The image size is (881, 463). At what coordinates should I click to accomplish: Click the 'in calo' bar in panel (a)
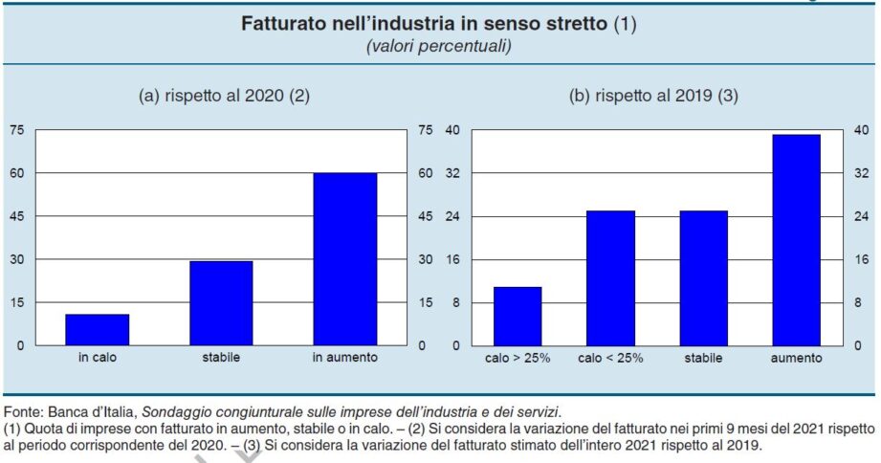(x=97, y=329)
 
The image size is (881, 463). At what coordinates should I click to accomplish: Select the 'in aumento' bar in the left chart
(x=344, y=259)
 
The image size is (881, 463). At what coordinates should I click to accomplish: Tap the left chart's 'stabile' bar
(x=221, y=303)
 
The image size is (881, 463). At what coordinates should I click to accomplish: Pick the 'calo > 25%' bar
(x=518, y=316)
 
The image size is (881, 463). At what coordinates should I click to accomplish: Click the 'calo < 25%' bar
(x=610, y=277)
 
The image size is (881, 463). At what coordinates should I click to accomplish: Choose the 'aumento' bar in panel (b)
(x=797, y=239)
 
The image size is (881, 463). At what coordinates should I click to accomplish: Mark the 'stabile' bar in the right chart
(x=703, y=277)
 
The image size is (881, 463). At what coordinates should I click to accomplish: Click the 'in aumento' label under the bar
(x=344, y=358)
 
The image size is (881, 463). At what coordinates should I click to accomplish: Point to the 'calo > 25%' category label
(x=518, y=358)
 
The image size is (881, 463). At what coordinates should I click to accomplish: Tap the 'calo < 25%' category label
(x=610, y=358)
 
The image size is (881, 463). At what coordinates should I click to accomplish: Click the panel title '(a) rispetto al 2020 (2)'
(x=225, y=96)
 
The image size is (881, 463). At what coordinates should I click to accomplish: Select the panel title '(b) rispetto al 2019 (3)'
(x=654, y=96)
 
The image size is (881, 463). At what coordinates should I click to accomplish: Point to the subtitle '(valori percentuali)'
(x=439, y=46)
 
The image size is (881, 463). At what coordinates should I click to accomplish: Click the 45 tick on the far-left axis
(x=17, y=216)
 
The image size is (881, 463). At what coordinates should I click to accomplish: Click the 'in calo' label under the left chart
(x=97, y=358)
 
